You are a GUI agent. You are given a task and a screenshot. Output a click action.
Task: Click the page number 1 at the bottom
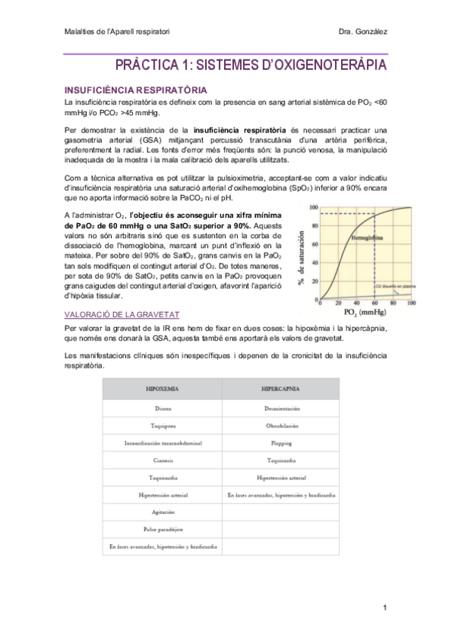coord(384,608)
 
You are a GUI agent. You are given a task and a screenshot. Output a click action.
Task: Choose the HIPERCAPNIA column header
coord(281,390)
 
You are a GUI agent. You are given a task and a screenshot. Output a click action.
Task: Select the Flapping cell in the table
coord(281,443)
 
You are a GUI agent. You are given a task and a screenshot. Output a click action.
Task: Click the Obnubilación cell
coord(281,425)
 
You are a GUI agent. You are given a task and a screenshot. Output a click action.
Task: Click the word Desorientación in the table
coord(281,408)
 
